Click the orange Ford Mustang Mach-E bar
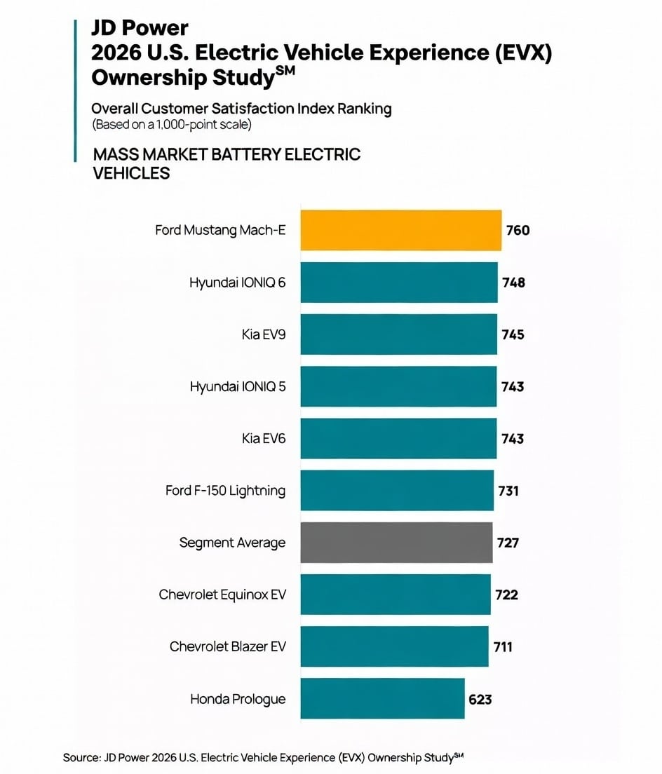click(401, 230)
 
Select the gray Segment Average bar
click(396, 543)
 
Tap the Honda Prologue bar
click(383, 698)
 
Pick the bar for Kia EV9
click(399, 334)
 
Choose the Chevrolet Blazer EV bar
click(394, 646)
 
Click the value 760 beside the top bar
click(518, 231)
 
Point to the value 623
click(480, 700)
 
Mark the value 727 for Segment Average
click(508, 543)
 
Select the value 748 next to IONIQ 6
click(514, 283)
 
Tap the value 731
click(508, 491)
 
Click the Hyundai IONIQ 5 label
click(238, 386)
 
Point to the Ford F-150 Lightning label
click(226, 491)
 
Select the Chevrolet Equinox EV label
click(222, 595)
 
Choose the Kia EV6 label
click(264, 438)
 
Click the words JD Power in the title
click(140, 28)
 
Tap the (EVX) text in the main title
click(524, 53)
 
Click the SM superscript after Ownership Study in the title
click(285, 70)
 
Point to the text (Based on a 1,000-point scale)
click(172, 124)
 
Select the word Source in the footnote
click(81, 758)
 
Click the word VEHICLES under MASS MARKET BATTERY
click(131, 173)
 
